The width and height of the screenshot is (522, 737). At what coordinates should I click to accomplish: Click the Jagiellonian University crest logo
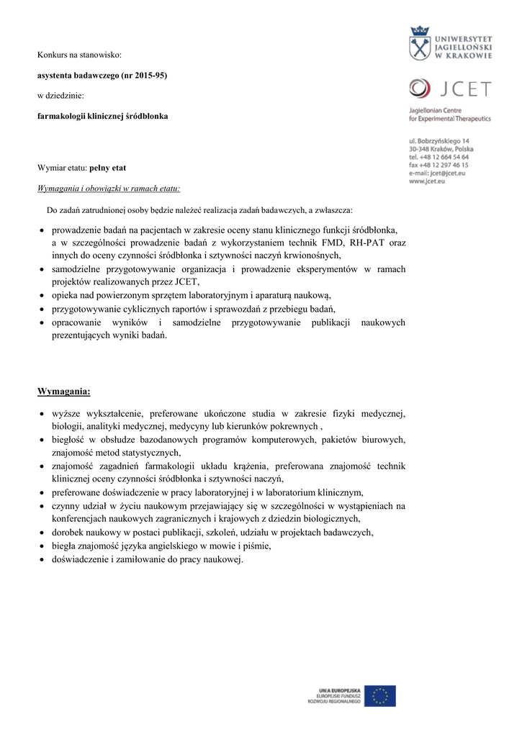tap(420, 45)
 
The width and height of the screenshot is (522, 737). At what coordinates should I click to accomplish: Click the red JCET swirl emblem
tap(418, 89)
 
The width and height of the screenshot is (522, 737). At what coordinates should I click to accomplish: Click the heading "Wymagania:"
tap(64, 392)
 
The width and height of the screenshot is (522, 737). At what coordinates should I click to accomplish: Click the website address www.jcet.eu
tap(426, 182)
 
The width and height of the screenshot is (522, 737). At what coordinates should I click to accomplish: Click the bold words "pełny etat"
tap(108, 168)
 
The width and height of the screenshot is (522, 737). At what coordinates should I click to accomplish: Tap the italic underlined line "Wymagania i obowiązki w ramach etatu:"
tap(109, 189)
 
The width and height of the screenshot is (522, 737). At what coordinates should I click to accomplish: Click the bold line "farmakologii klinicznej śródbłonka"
tap(103, 115)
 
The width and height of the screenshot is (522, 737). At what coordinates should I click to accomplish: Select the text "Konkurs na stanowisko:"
tap(79, 55)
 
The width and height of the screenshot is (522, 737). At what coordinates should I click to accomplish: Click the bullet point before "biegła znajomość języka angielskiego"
tap(42, 546)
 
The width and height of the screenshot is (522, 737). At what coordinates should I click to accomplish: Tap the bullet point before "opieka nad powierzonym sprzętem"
tap(42, 295)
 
